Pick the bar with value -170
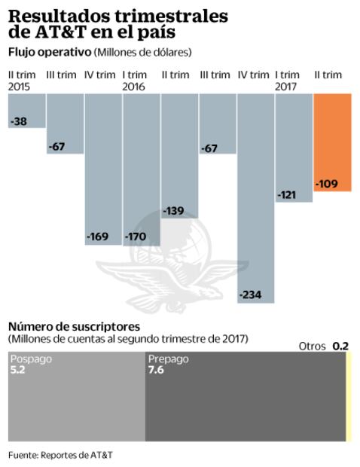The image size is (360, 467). click(141, 169)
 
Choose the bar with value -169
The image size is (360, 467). click(103, 169)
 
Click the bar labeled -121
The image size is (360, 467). click(294, 148)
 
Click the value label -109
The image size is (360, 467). click(328, 183)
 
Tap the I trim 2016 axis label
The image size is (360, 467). click(134, 81)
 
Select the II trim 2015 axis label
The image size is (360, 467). click(21, 81)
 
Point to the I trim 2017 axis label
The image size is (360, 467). click(288, 81)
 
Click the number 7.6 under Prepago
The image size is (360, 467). click(156, 371)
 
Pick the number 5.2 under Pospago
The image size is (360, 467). click(18, 371)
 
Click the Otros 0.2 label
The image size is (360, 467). click(323, 346)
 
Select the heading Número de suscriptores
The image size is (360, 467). click(74, 326)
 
